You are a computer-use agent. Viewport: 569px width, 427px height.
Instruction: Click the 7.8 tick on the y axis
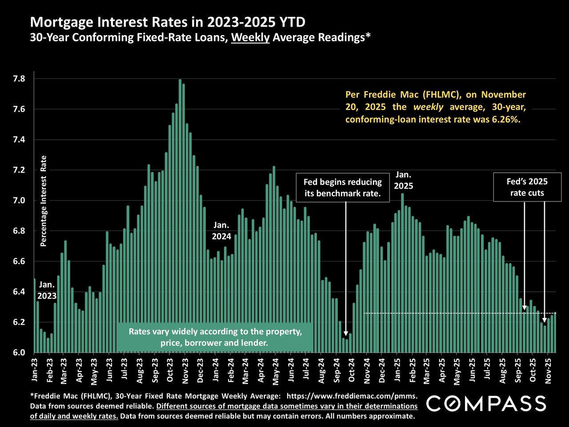19,79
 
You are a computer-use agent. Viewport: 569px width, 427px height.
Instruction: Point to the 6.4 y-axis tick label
19,292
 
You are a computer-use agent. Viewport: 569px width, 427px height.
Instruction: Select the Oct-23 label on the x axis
170,372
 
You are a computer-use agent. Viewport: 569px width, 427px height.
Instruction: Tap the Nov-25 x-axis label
548,372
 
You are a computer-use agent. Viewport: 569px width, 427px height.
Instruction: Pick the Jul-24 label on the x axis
306,372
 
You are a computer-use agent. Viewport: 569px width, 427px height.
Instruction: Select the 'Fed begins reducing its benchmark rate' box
342,187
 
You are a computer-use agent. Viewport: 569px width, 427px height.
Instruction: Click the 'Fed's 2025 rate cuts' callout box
527,187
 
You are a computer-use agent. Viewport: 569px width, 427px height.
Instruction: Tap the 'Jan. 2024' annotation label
221,231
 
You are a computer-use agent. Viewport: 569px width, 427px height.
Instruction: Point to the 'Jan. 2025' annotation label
403,180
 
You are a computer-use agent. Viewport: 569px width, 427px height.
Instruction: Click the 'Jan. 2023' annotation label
47,290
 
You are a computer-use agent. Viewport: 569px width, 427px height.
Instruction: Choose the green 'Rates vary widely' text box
215,337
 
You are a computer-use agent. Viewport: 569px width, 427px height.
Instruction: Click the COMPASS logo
486,403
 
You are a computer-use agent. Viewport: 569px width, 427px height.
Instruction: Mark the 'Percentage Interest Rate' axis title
44,201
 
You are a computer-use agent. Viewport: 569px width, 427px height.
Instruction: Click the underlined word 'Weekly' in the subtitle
250,37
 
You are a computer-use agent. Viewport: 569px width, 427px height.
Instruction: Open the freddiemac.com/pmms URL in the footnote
352,395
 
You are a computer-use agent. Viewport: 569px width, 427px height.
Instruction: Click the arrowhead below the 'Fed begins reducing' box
346,344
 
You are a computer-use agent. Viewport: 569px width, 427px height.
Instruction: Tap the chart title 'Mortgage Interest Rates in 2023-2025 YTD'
168,22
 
